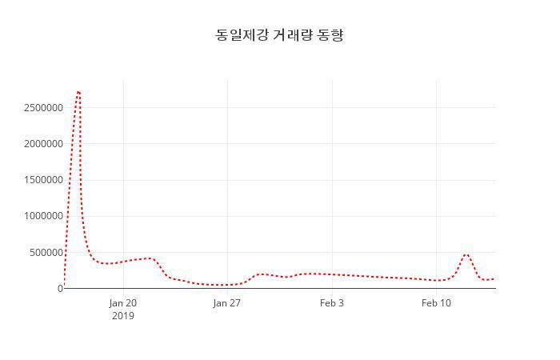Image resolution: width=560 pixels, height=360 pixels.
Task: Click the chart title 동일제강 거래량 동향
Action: (x=279, y=35)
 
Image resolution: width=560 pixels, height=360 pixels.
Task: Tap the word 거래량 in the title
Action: (x=292, y=35)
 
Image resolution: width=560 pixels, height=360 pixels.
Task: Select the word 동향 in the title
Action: (x=330, y=35)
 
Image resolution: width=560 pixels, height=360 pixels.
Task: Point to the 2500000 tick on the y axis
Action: (x=42, y=108)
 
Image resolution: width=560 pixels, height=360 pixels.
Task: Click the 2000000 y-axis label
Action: (x=42, y=144)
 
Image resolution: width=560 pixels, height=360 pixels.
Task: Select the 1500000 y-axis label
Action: (x=42, y=180)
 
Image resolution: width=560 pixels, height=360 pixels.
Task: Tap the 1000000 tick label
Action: (x=42, y=216)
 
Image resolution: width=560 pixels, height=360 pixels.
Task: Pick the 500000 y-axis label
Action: (x=45, y=252)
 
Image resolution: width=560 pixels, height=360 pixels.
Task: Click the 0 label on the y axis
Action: (x=60, y=288)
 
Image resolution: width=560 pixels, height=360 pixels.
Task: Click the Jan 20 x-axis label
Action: (x=123, y=303)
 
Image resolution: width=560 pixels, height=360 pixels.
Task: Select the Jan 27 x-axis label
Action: (x=227, y=303)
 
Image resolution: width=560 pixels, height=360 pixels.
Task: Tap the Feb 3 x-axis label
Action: (x=332, y=303)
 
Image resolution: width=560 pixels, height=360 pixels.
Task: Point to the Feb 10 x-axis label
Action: (x=436, y=303)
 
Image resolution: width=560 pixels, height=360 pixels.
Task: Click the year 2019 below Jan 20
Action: (x=123, y=316)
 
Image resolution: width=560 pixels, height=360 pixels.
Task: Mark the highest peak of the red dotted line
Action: (x=78, y=92)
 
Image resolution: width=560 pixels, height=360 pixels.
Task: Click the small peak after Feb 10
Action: (x=466, y=254)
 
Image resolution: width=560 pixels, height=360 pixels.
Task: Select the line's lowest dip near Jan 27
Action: (x=223, y=285)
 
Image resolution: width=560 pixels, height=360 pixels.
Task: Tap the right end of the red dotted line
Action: (x=494, y=278)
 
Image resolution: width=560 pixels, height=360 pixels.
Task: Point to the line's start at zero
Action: (x=64, y=287)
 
